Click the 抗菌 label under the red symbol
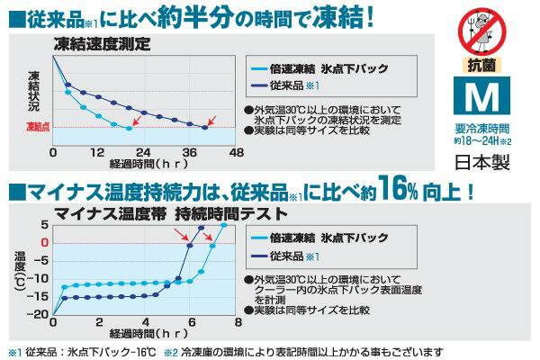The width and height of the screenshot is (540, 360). [x=481, y=66]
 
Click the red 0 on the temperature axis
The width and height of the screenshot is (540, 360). [x=43, y=242]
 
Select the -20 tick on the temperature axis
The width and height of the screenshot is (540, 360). [x=40, y=314]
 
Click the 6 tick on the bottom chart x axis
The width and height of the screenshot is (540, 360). [x=192, y=322]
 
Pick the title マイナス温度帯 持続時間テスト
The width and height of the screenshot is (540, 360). [x=171, y=213]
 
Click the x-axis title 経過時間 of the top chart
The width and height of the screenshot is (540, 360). [x=144, y=166]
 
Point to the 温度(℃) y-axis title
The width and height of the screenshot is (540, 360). [x=21, y=270]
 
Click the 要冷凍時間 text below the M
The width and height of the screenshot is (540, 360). [x=482, y=129]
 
